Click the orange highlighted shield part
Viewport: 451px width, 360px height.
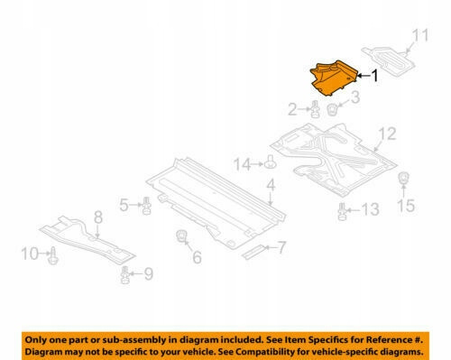[x=333, y=78]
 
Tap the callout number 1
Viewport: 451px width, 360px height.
[x=374, y=76]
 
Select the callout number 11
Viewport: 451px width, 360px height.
[x=420, y=35]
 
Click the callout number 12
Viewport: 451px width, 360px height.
[x=387, y=134]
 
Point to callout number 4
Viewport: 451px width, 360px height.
[x=271, y=185]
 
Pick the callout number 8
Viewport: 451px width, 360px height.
[x=98, y=217]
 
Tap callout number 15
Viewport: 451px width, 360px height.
[x=406, y=206]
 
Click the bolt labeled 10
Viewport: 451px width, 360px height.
[x=53, y=256]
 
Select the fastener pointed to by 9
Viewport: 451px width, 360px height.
[x=124, y=275]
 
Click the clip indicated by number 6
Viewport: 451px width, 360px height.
[x=181, y=235]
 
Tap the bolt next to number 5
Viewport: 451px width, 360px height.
[x=146, y=206]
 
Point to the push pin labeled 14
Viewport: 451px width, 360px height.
[x=271, y=162]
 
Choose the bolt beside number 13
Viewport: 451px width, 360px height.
[x=342, y=212]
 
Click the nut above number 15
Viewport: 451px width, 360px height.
[x=403, y=178]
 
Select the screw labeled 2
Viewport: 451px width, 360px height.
[x=315, y=109]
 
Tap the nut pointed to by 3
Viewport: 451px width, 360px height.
[x=332, y=110]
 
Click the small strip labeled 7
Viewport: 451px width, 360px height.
[x=254, y=252]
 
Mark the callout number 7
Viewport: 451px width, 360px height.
[x=281, y=247]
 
